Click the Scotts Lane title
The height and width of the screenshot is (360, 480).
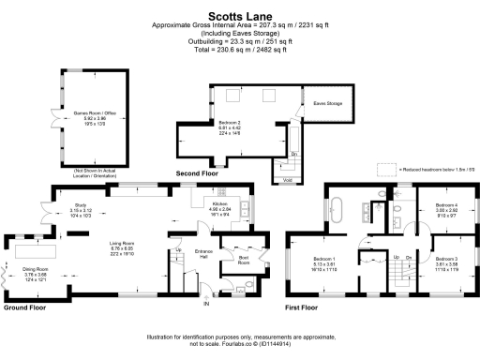[239, 15]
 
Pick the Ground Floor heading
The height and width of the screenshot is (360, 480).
[26, 307]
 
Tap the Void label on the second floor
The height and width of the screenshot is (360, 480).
[288, 178]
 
